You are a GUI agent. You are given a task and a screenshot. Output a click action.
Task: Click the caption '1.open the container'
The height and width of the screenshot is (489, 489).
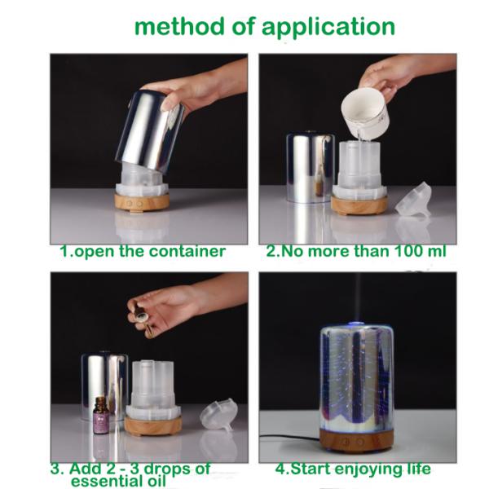(143, 251)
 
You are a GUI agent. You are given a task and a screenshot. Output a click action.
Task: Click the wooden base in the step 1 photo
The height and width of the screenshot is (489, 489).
(142, 202)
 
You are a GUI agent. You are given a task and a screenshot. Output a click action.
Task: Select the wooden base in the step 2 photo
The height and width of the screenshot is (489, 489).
(359, 205)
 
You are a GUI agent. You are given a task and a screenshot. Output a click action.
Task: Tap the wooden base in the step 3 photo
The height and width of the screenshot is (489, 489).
(153, 425)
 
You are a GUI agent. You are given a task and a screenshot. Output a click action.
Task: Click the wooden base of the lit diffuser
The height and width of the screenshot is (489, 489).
(356, 440)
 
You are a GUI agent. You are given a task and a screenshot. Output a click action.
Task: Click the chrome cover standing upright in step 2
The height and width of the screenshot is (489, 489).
(311, 168)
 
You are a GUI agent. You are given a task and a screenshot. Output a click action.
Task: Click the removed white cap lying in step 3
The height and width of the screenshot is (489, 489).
(218, 415)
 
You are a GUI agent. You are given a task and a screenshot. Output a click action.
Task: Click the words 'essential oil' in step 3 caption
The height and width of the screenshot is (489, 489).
(118, 481)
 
